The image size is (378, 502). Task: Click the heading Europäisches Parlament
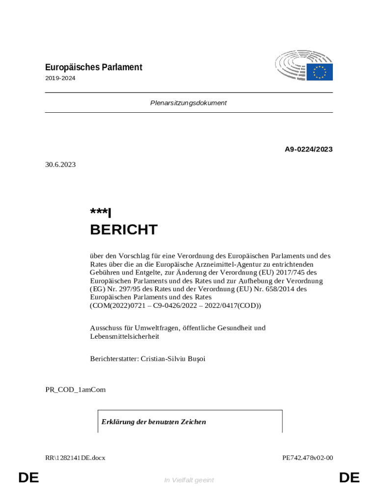click(93, 67)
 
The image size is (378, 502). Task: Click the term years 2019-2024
click(60, 78)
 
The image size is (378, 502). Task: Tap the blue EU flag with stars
click(320, 72)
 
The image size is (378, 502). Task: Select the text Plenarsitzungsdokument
click(189, 103)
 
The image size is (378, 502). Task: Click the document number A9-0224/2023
click(309, 149)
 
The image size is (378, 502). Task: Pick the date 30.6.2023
click(60, 165)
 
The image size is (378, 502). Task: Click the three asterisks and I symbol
click(101, 213)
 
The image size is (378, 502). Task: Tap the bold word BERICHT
click(124, 229)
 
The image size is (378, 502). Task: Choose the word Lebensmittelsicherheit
click(125, 336)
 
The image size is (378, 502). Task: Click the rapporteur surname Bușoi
click(196, 359)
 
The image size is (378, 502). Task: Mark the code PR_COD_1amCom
click(76, 390)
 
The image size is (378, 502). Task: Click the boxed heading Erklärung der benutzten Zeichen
click(154, 422)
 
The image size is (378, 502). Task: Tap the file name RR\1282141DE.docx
click(75, 458)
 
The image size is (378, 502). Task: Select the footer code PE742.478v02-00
click(308, 458)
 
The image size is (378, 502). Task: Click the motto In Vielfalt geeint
click(189, 480)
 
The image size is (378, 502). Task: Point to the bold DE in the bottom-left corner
click(28, 477)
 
